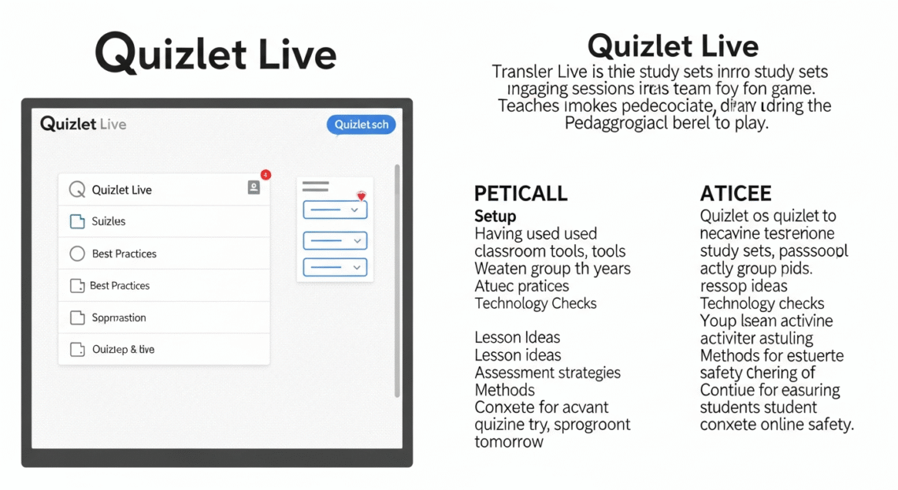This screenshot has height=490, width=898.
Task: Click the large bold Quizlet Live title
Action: pyautogui.click(x=215, y=54)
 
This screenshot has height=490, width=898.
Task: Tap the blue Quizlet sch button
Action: pyautogui.click(x=361, y=124)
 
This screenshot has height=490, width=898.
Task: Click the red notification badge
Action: pyautogui.click(x=265, y=174)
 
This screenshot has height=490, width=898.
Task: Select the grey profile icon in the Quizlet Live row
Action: pyautogui.click(x=254, y=187)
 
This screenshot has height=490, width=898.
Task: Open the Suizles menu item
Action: pyautogui.click(x=109, y=221)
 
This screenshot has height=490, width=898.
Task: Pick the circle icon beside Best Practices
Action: pyautogui.click(x=77, y=254)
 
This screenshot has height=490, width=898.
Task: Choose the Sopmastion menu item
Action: pyautogui.click(x=118, y=317)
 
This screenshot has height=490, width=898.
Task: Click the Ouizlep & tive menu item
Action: pyautogui.click(x=123, y=349)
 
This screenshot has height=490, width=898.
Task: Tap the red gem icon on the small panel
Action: pyautogui.click(x=362, y=195)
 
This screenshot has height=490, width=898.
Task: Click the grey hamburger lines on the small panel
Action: pyautogui.click(x=315, y=187)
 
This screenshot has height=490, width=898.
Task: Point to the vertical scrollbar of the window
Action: pyautogui.click(x=396, y=280)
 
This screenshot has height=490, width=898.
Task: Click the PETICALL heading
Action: pyautogui.click(x=521, y=194)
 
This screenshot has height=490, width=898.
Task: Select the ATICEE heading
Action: pyautogui.click(x=736, y=194)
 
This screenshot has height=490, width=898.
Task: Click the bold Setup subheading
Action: pyautogui.click(x=495, y=216)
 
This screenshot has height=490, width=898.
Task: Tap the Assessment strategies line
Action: pyautogui.click(x=547, y=373)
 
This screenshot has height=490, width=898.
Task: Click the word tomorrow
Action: pyautogui.click(x=509, y=442)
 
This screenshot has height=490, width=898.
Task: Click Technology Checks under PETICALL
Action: pyautogui.click(x=536, y=303)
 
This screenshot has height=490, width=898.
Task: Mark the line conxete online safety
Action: pyautogui.click(x=777, y=425)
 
